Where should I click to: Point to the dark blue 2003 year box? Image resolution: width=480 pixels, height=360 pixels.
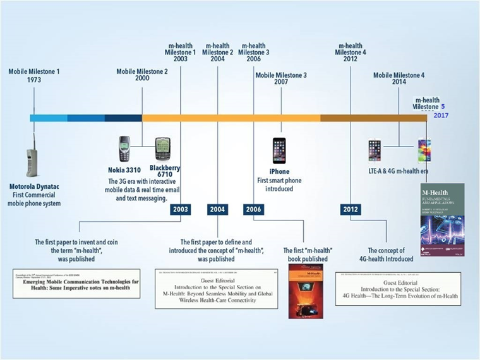(x=181, y=209)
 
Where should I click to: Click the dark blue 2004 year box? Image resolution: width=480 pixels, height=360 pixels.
(x=217, y=209)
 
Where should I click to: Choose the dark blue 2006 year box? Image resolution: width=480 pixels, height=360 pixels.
(x=253, y=209)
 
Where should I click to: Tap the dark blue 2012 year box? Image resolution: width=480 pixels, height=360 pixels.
(x=351, y=209)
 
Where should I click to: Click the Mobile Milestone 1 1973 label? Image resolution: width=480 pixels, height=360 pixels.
(x=34, y=76)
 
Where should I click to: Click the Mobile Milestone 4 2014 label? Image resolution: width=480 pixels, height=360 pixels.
(x=399, y=79)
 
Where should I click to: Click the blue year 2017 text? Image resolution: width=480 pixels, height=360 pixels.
(x=440, y=116)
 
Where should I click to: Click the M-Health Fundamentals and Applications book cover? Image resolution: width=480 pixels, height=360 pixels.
(x=441, y=219)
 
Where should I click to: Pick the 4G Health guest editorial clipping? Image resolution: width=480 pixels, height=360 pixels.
(x=397, y=289)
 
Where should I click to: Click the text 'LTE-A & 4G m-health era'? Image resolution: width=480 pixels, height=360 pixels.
(x=399, y=172)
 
